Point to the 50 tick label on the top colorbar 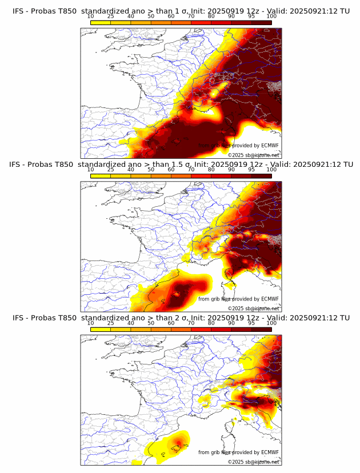click(x=151, y=16)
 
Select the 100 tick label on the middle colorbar click(x=271, y=170)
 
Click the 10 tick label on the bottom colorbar click(x=91, y=323)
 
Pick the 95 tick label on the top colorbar click(x=251, y=16)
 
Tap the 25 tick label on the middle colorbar click(x=111, y=170)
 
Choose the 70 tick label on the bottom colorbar click(x=191, y=323)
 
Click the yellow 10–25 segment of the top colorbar click(x=101, y=22)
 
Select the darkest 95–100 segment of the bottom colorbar click(x=262, y=329)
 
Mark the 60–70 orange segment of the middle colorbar click(x=181, y=175)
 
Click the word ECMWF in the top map click(x=270, y=146)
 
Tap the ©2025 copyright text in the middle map click(x=236, y=308)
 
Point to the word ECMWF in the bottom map click(x=270, y=452)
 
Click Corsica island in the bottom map click(x=232, y=425)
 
